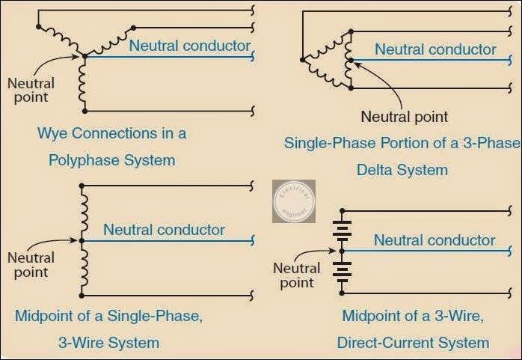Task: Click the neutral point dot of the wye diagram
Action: [x=84, y=55]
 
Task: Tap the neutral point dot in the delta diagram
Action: [x=349, y=60]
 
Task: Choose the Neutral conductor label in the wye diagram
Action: [x=190, y=46]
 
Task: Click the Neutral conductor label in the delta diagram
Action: [x=435, y=49]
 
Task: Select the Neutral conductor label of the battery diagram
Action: [x=435, y=240]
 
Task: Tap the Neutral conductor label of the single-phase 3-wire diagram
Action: [x=164, y=229]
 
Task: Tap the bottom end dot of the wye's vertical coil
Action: [x=84, y=111]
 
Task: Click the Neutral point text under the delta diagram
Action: [x=404, y=116]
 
